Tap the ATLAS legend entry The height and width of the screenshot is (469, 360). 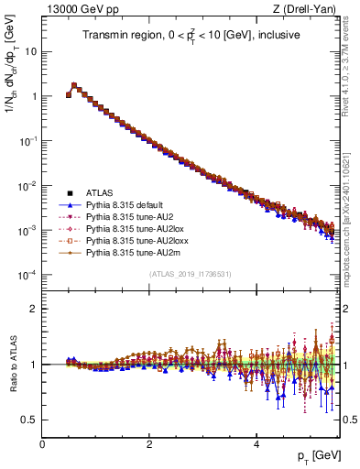click(102, 192)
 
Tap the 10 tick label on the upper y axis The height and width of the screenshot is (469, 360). click(29, 51)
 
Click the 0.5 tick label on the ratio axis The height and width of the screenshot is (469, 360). click(29, 420)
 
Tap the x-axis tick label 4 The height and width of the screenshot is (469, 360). click(256, 444)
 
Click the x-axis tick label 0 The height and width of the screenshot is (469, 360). click(42, 444)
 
